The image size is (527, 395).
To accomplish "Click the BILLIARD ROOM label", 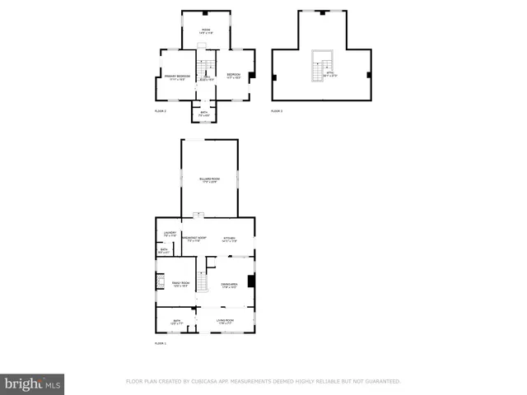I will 209,179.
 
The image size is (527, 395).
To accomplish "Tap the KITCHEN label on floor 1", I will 230,239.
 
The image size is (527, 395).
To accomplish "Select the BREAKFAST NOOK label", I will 195,239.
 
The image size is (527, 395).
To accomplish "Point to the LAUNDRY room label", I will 170,235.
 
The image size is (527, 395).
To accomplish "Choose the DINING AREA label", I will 229,285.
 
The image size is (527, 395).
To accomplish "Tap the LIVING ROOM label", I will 226,321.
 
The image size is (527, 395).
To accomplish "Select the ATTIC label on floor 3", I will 330,76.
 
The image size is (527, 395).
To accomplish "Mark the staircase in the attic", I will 319,67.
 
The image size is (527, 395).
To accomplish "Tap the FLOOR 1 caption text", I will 161,343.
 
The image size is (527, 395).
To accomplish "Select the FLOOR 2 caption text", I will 161,110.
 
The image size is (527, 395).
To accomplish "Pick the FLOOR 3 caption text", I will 277,110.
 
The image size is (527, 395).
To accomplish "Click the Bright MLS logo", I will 32,383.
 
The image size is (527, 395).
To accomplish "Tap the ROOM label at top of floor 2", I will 206,30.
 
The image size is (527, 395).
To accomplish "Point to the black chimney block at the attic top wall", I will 322,12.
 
